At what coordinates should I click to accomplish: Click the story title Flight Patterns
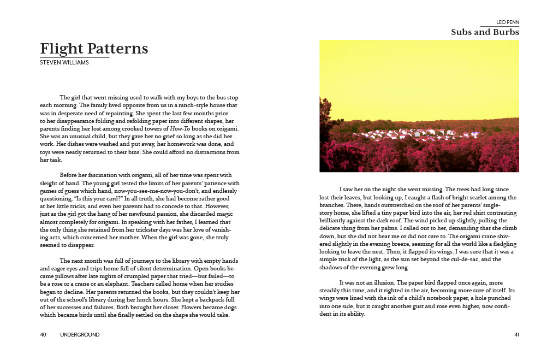click(x=94, y=49)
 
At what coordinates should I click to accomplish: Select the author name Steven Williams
click(x=64, y=62)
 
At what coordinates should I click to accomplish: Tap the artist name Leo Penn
click(x=508, y=22)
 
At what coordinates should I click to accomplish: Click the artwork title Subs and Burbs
click(x=485, y=32)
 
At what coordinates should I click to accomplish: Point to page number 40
click(x=43, y=334)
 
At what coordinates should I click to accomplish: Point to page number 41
click(x=516, y=334)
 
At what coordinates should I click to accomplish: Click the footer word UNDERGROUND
click(x=80, y=334)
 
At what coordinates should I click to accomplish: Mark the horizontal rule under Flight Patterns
click(x=75, y=57)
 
